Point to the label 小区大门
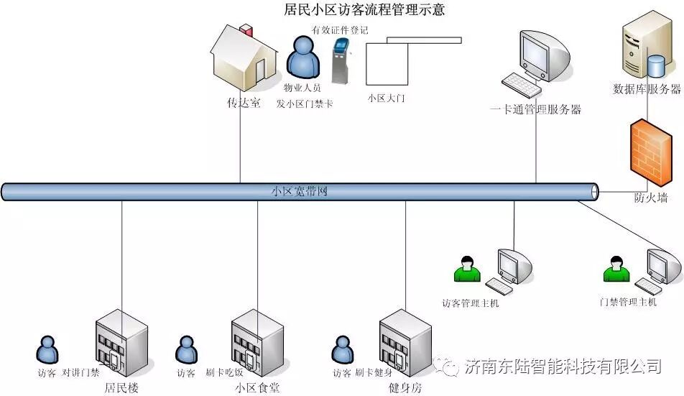[x=386, y=98]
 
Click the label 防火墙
[x=651, y=197]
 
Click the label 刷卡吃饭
[x=224, y=373]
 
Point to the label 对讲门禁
[x=80, y=373]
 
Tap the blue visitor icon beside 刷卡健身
[x=341, y=350]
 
